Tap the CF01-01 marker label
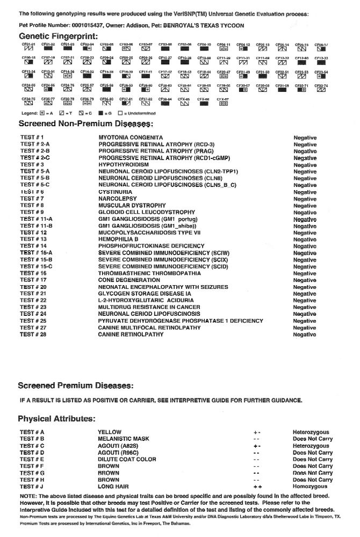point(28,45)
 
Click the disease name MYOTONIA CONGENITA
point(131,138)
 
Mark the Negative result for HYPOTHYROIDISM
point(305,165)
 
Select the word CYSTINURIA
point(116,192)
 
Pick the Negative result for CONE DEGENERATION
point(305,280)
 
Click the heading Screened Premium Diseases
point(75,386)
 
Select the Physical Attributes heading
point(56,419)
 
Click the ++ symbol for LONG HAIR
point(257,487)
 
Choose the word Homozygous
point(310,487)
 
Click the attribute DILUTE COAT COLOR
point(127,460)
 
